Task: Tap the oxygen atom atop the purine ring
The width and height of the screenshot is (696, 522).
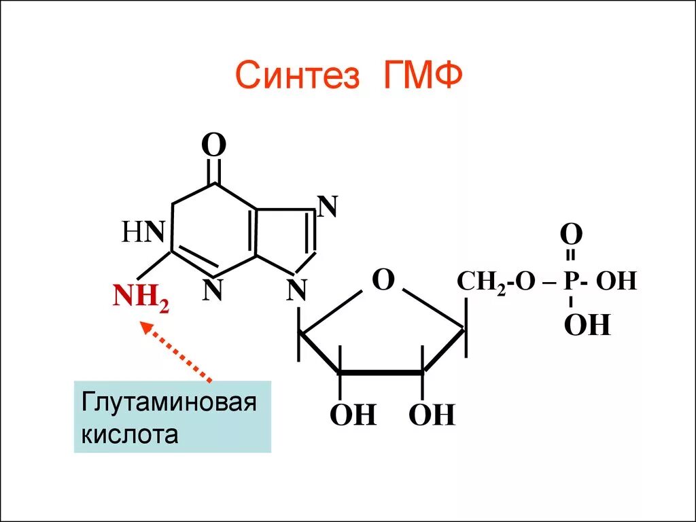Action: pos(214,146)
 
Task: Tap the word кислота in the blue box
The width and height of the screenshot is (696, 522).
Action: pos(130,434)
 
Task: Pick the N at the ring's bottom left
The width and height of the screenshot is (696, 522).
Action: pos(213,290)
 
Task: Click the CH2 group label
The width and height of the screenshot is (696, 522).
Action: pos(481,282)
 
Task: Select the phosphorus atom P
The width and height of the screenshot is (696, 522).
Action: pos(570,281)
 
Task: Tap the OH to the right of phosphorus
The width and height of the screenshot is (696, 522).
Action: pos(616,281)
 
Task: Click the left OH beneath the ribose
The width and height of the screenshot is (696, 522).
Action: pos(353,415)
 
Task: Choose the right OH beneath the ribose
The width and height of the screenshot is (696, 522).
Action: pos(431,415)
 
